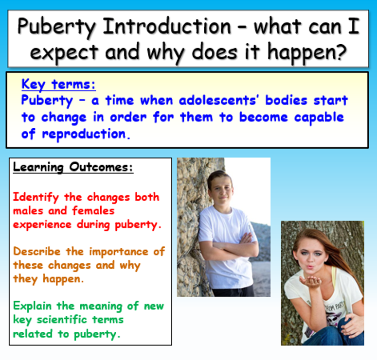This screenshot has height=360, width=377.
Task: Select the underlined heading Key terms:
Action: (58, 85)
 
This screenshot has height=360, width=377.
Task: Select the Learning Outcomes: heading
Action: (73, 168)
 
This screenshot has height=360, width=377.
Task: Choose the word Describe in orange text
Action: (37, 252)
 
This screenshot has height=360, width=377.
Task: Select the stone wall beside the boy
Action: (190, 219)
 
